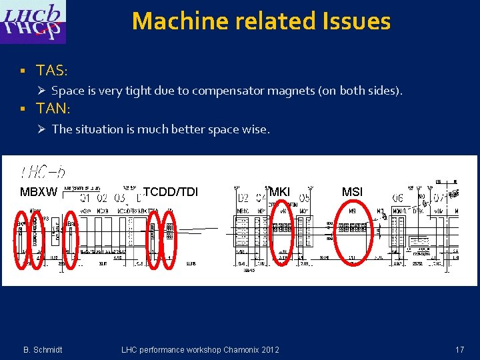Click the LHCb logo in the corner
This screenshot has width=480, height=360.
pyautogui.click(x=33, y=22)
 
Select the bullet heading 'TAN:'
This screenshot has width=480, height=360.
pyautogui.click(x=53, y=108)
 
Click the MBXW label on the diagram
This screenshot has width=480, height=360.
pyautogui.click(x=39, y=193)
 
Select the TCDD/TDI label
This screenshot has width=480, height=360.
pyautogui.click(x=171, y=193)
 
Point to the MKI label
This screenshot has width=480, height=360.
pyautogui.click(x=280, y=193)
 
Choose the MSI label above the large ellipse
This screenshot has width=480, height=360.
pyautogui.click(x=352, y=193)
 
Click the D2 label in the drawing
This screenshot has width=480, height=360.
pyautogui.click(x=243, y=198)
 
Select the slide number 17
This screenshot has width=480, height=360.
pyautogui.click(x=459, y=349)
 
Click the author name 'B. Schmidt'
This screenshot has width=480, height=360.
pyautogui.click(x=43, y=350)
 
